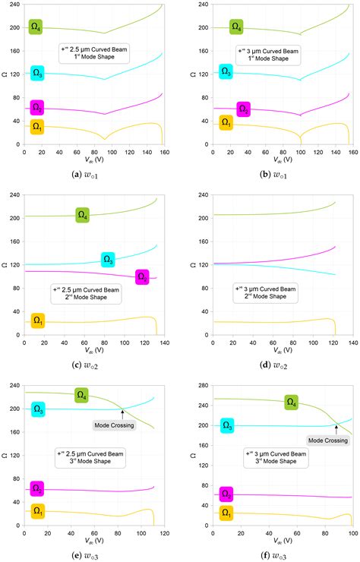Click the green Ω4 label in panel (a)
(x=36, y=27)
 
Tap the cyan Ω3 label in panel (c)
(x=109, y=260)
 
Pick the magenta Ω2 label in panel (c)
(x=142, y=276)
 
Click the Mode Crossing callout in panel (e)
(x=113, y=425)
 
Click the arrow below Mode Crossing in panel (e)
(x=122, y=414)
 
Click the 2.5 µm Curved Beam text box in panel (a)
(x=90, y=56)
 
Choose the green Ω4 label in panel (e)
(x=82, y=395)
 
